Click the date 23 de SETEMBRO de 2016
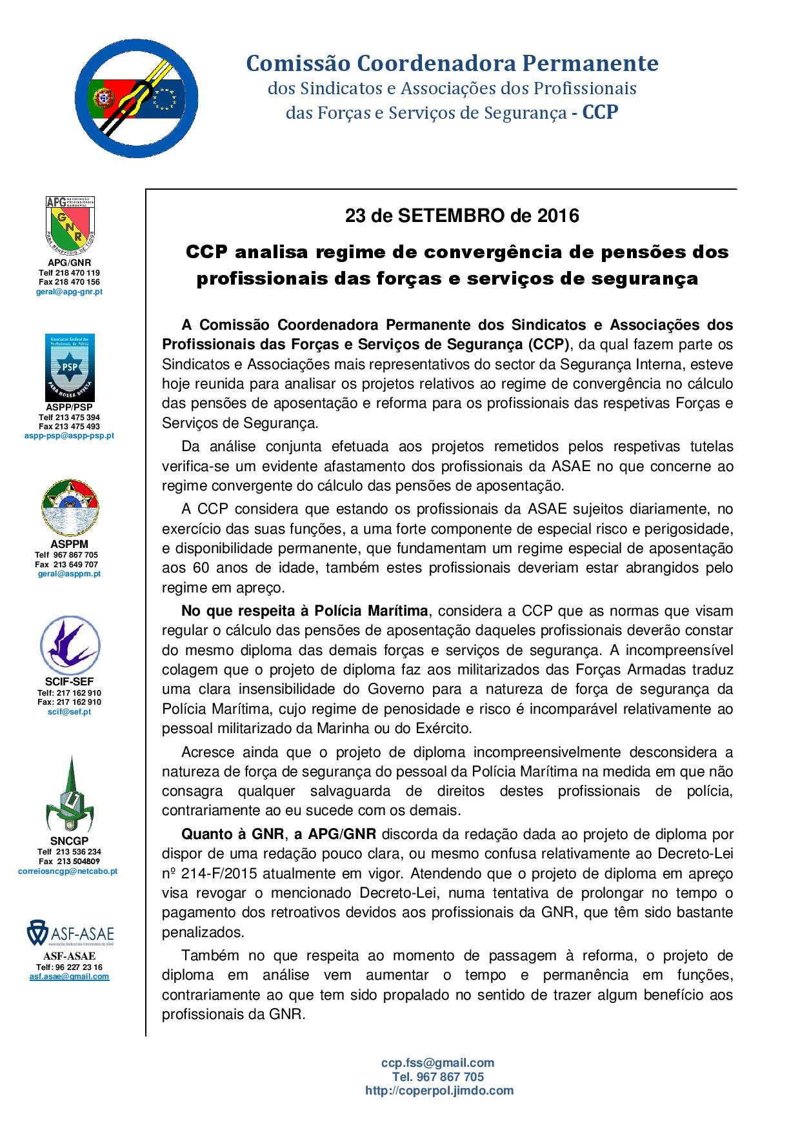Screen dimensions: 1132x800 (x=462, y=216)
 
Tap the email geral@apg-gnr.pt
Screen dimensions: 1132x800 (x=69, y=292)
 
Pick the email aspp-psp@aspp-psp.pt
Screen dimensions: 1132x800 (x=69, y=436)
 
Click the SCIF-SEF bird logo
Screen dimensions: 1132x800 (x=70, y=645)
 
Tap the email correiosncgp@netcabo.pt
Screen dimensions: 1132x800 (x=68, y=871)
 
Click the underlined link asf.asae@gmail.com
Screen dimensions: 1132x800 (x=69, y=976)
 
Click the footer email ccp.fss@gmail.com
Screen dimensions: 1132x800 (x=437, y=1062)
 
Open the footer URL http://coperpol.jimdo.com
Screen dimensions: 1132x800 (x=439, y=1091)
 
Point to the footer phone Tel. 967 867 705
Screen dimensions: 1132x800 (x=437, y=1076)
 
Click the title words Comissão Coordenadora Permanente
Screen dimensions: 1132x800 (x=452, y=63)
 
